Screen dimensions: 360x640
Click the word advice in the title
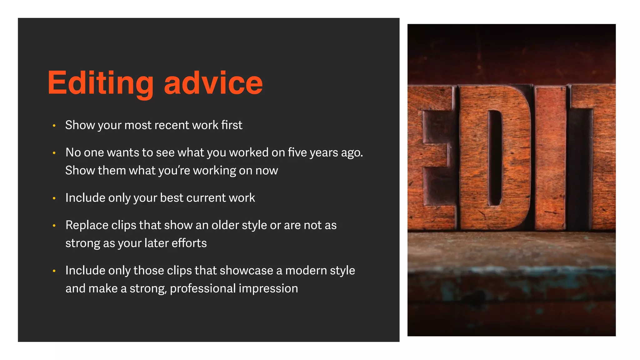pyautogui.click(x=213, y=83)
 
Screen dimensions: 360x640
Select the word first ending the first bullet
pyautogui.click(x=232, y=125)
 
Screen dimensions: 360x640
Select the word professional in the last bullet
pyautogui.click(x=202, y=289)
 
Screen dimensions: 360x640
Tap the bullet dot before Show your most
pyautogui.click(x=54, y=126)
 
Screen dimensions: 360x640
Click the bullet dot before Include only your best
pyautogui.click(x=54, y=198)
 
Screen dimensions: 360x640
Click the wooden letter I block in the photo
pyautogui.click(x=550, y=158)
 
